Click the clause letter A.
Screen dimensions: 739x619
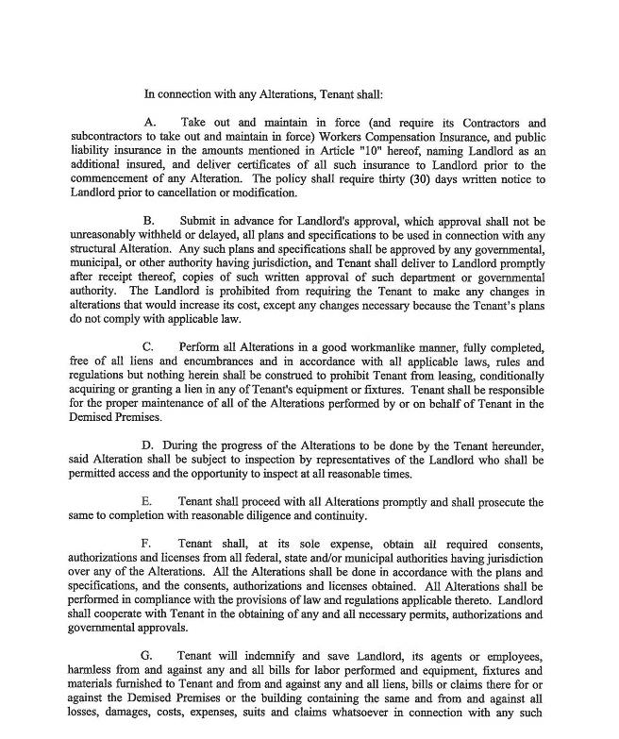(x=149, y=124)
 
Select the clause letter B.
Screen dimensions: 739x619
(x=149, y=221)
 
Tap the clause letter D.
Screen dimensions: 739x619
(x=149, y=445)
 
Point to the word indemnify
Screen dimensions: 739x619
(x=248, y=655)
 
